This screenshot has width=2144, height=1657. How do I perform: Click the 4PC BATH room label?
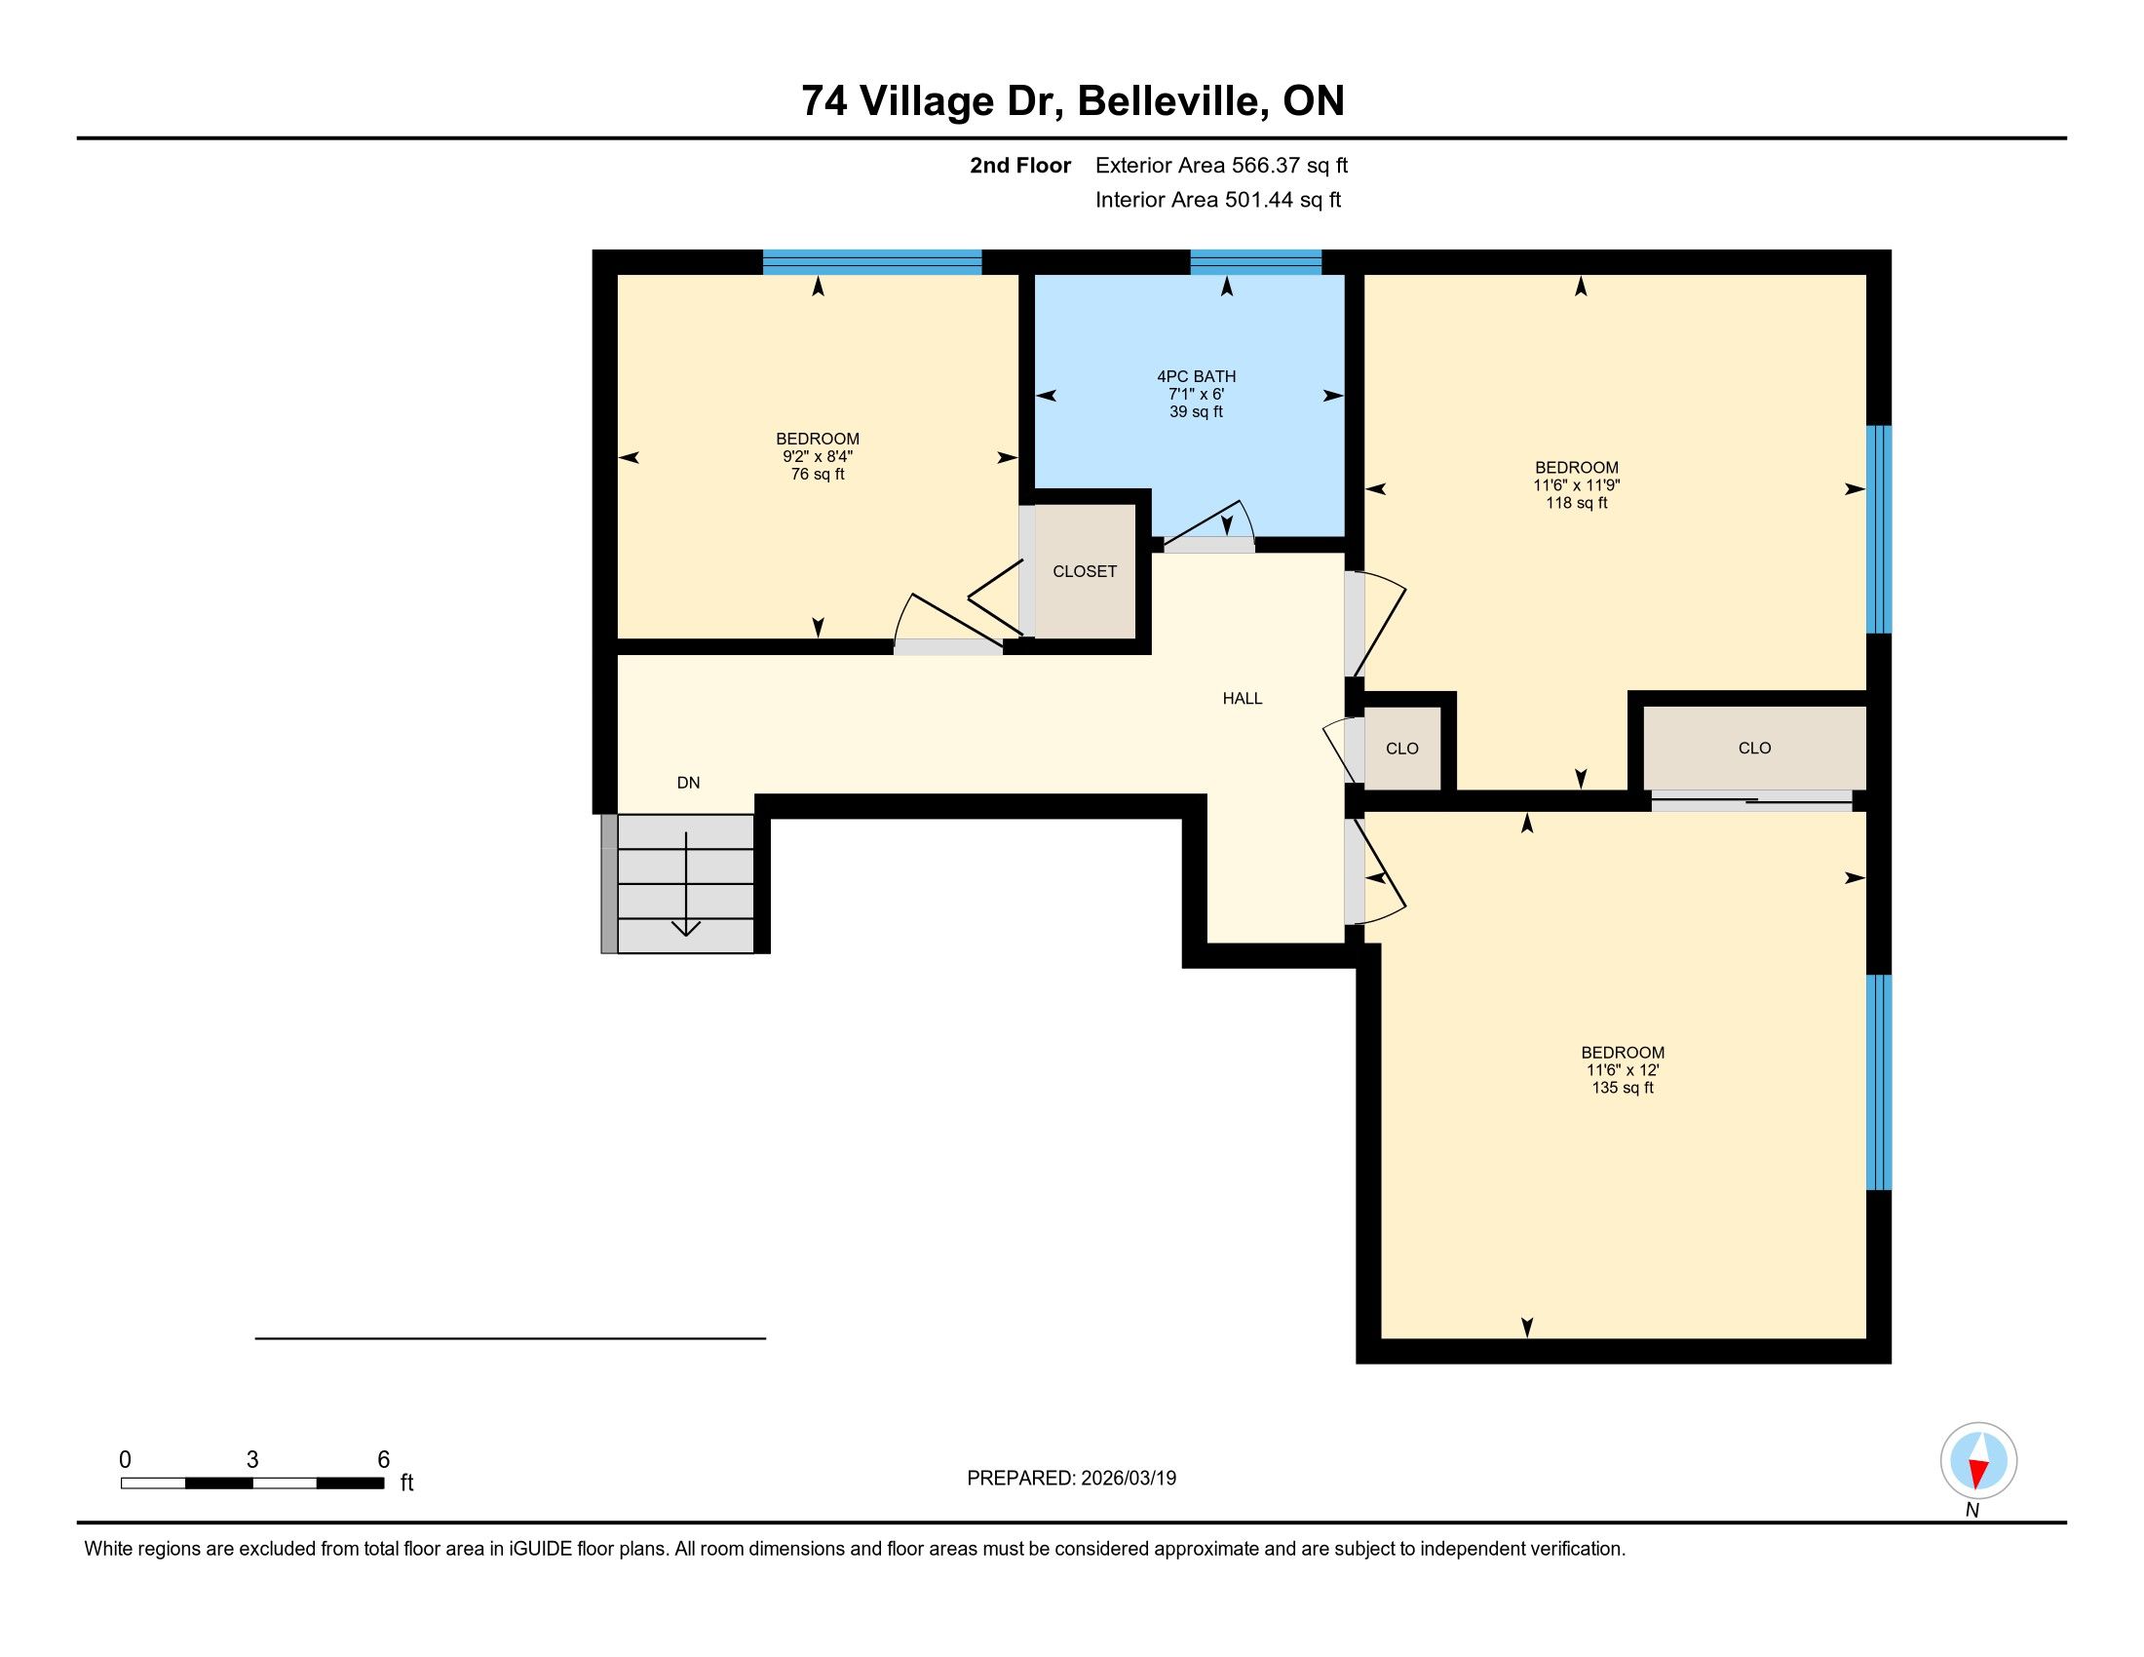(1196, 376)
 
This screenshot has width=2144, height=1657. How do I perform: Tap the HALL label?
(1242, 699)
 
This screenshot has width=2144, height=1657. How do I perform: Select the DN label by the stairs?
(688, 783)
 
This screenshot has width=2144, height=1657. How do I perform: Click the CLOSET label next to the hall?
(1085, 571)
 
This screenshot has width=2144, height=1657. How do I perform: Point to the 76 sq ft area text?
(818, 474)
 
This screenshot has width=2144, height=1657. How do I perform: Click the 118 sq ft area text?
(1577, 503)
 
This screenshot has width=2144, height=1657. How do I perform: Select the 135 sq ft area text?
(1623, 1088)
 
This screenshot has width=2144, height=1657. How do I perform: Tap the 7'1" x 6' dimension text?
(1196, 394)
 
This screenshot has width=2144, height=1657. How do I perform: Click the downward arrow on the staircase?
(685, 883)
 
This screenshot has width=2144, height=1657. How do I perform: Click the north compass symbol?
(1978, 1461)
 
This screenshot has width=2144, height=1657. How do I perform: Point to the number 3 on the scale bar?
(252, 1460)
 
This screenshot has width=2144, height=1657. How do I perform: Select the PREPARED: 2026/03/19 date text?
(1071, 1479)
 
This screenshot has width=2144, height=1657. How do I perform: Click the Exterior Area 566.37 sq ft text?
(1221, 166)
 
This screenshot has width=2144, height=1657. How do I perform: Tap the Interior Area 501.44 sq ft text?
(1218, 200)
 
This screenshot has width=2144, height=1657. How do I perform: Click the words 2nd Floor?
(1020, 166)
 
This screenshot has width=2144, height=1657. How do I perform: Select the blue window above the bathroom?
(1255, 262)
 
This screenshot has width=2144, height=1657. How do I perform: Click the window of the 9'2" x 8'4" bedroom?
(872, 262)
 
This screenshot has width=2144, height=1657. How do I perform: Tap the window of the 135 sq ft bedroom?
(1878, 1082)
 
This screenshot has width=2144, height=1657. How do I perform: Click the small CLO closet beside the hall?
(1401, 748)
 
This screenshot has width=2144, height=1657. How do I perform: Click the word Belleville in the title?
(1170, 101)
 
